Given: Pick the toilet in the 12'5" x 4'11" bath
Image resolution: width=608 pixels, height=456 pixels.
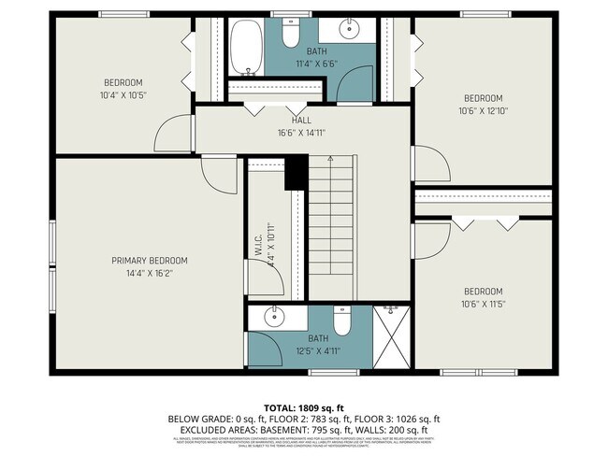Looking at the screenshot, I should click(x=342, y=322).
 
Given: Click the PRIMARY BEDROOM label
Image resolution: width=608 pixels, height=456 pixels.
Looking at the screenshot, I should click(x=150, y=261).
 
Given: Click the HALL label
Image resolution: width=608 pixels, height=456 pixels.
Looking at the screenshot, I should click(x=301, y=120).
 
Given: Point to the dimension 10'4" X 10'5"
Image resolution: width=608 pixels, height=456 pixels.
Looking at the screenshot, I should click(x=123, y=95).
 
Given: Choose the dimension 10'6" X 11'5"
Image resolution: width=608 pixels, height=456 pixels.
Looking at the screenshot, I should click(x=484, y=304).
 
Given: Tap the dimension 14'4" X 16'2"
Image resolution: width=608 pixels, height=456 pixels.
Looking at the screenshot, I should click(x=150, y=274).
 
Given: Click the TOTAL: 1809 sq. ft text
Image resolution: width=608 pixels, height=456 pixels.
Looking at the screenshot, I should click(x=303, y=407).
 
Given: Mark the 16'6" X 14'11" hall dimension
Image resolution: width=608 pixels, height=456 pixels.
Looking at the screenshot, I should click(x=301, y=133).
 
